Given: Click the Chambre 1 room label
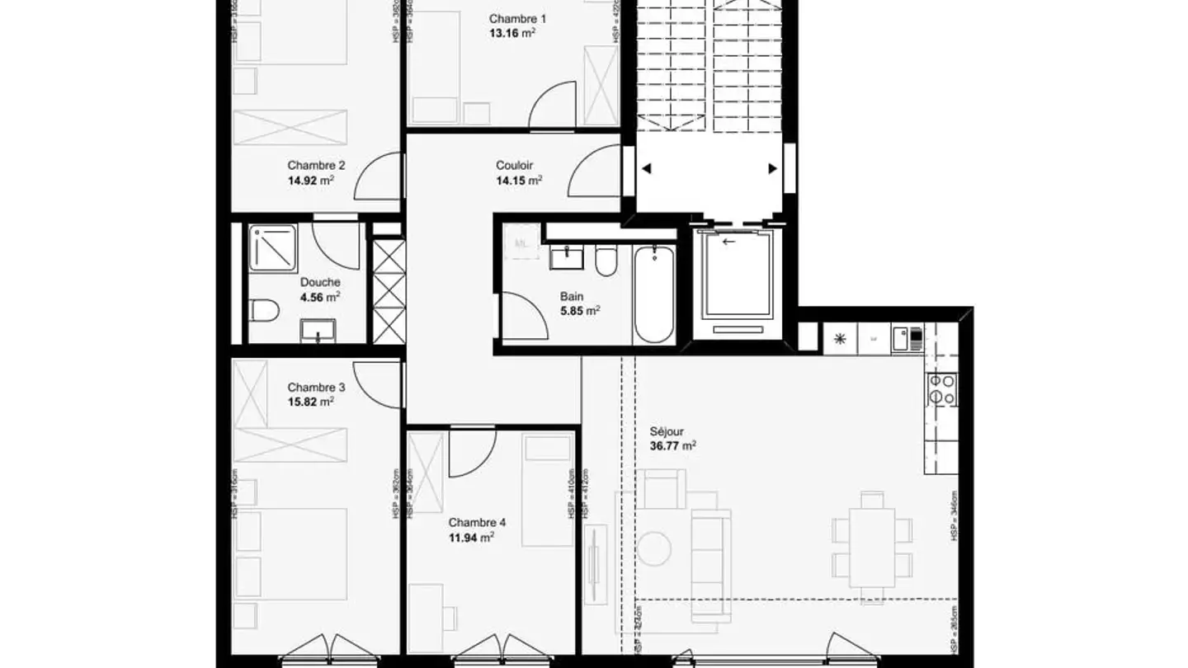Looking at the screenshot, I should (517, 19).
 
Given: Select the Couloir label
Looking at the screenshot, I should (515, 165).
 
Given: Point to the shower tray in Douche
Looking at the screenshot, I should (272, 247).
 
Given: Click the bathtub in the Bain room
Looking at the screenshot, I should (654, 294).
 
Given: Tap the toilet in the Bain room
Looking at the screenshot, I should (605, 262).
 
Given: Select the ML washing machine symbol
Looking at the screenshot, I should (521, 243).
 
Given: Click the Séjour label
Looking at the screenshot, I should (667, 430).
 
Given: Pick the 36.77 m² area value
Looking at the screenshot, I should (673, 446).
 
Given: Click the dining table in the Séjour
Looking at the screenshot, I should (872, 545).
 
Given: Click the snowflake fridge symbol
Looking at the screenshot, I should (840, 338).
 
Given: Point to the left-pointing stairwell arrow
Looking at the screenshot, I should (647, 169).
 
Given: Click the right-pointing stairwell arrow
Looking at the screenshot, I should (773, 169).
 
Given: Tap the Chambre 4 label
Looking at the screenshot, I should (477, 522).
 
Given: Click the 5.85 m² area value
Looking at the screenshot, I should (580, 311).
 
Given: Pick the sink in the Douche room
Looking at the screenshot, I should (318, 332).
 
